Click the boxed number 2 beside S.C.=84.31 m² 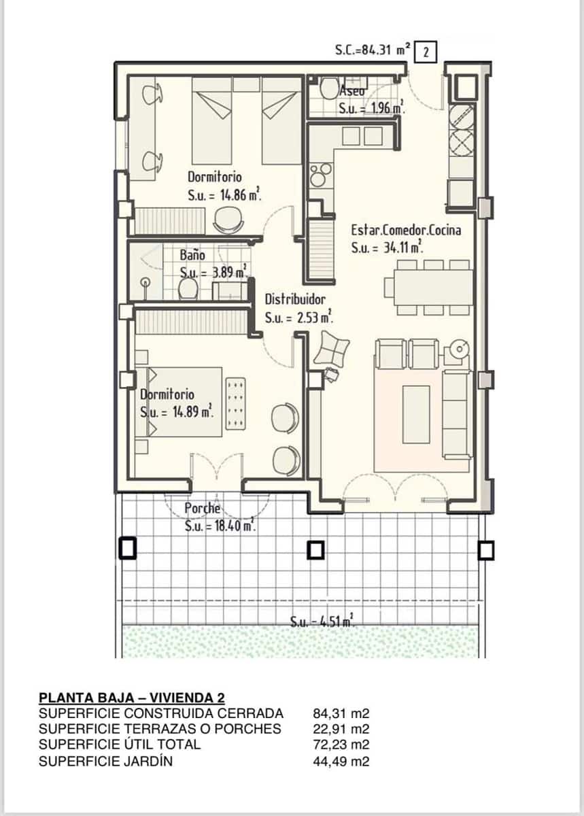[425, 51]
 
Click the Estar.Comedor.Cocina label [406, 230]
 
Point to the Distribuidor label [295, 299]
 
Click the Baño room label [192, 256]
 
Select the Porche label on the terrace [203, 508]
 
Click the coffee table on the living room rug [416, 413]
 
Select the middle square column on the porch [315, 549]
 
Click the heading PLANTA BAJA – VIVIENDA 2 [132, 698]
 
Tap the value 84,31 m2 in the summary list [341, 713]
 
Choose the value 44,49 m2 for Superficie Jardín [341, 761]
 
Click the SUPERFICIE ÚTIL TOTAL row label [120, 745]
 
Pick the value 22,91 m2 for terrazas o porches [341, 729]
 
